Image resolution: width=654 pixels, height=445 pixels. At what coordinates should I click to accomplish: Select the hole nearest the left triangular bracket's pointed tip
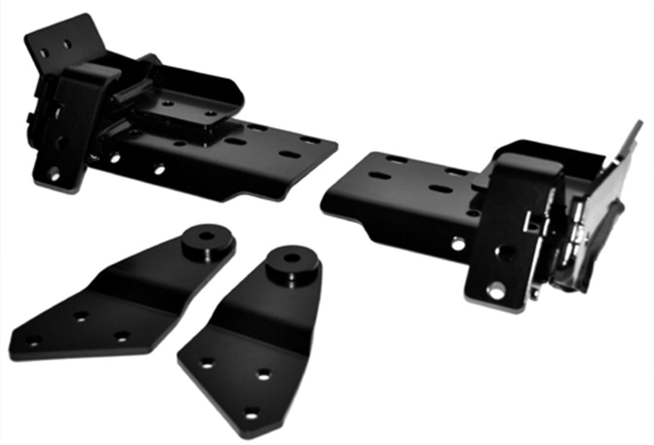pyautogui.click(x=33, y=340)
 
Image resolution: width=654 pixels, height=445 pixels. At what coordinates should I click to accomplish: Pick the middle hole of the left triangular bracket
pyautogui.click(x=81, y=317)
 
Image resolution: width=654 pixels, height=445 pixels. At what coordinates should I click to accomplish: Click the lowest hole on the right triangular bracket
pyautogui.click(x=251, y=413)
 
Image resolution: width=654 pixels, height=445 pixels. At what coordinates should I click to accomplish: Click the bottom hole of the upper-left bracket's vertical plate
pyautogui.click(x=53, y=173)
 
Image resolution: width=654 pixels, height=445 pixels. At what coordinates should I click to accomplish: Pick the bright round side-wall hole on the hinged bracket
pyautogui.click(x=458, y=244)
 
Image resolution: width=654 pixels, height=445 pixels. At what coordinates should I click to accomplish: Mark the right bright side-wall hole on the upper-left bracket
pyautogui.click(x=159, y=170)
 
